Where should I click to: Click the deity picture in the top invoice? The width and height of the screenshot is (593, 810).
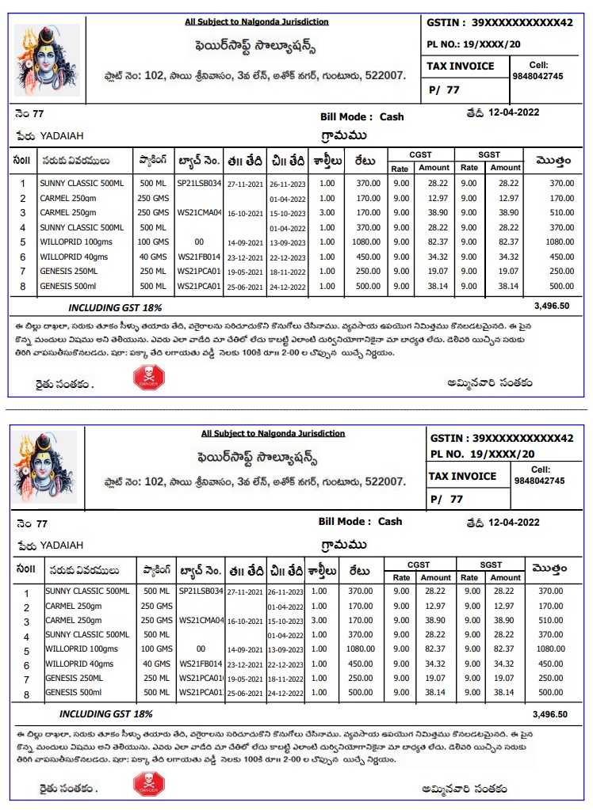point(47,60)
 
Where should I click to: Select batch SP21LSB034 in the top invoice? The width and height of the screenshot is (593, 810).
point(198,183)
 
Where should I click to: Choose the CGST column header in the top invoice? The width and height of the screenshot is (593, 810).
point(420,154)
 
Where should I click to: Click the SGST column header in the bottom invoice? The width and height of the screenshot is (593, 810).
point(492,565)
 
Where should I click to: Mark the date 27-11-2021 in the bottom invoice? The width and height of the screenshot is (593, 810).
point(244,591)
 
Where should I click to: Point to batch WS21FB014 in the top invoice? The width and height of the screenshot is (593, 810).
point(198,257)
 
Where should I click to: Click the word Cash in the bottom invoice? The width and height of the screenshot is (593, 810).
point(390,522)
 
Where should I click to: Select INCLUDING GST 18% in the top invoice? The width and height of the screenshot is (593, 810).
point(115,307)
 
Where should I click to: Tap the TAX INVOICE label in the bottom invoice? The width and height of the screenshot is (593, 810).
point(463,476)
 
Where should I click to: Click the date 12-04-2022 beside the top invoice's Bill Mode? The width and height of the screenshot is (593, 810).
point(514,112)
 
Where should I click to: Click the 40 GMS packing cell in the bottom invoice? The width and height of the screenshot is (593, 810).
point(157,664)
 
